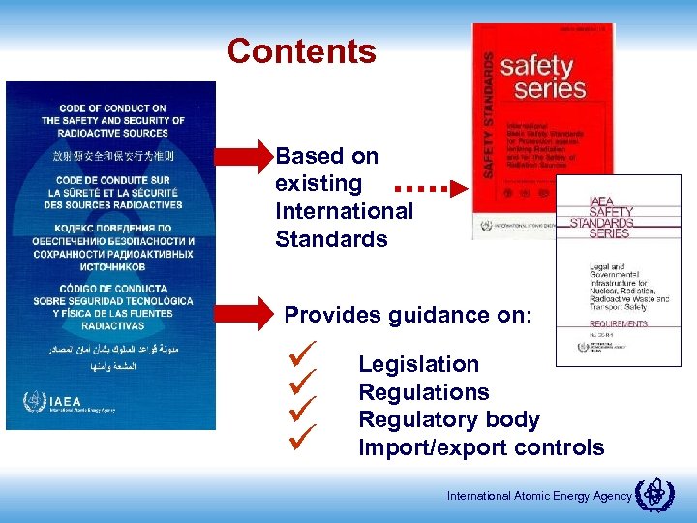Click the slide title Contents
tap(301, 51)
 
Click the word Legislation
tap(418, 364)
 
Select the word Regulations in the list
tap(423, 392)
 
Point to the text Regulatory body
tap(448, 420)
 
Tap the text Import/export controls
tap(481, 447)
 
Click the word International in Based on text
tap(344, 210)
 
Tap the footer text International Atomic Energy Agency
tap(538, 496)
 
